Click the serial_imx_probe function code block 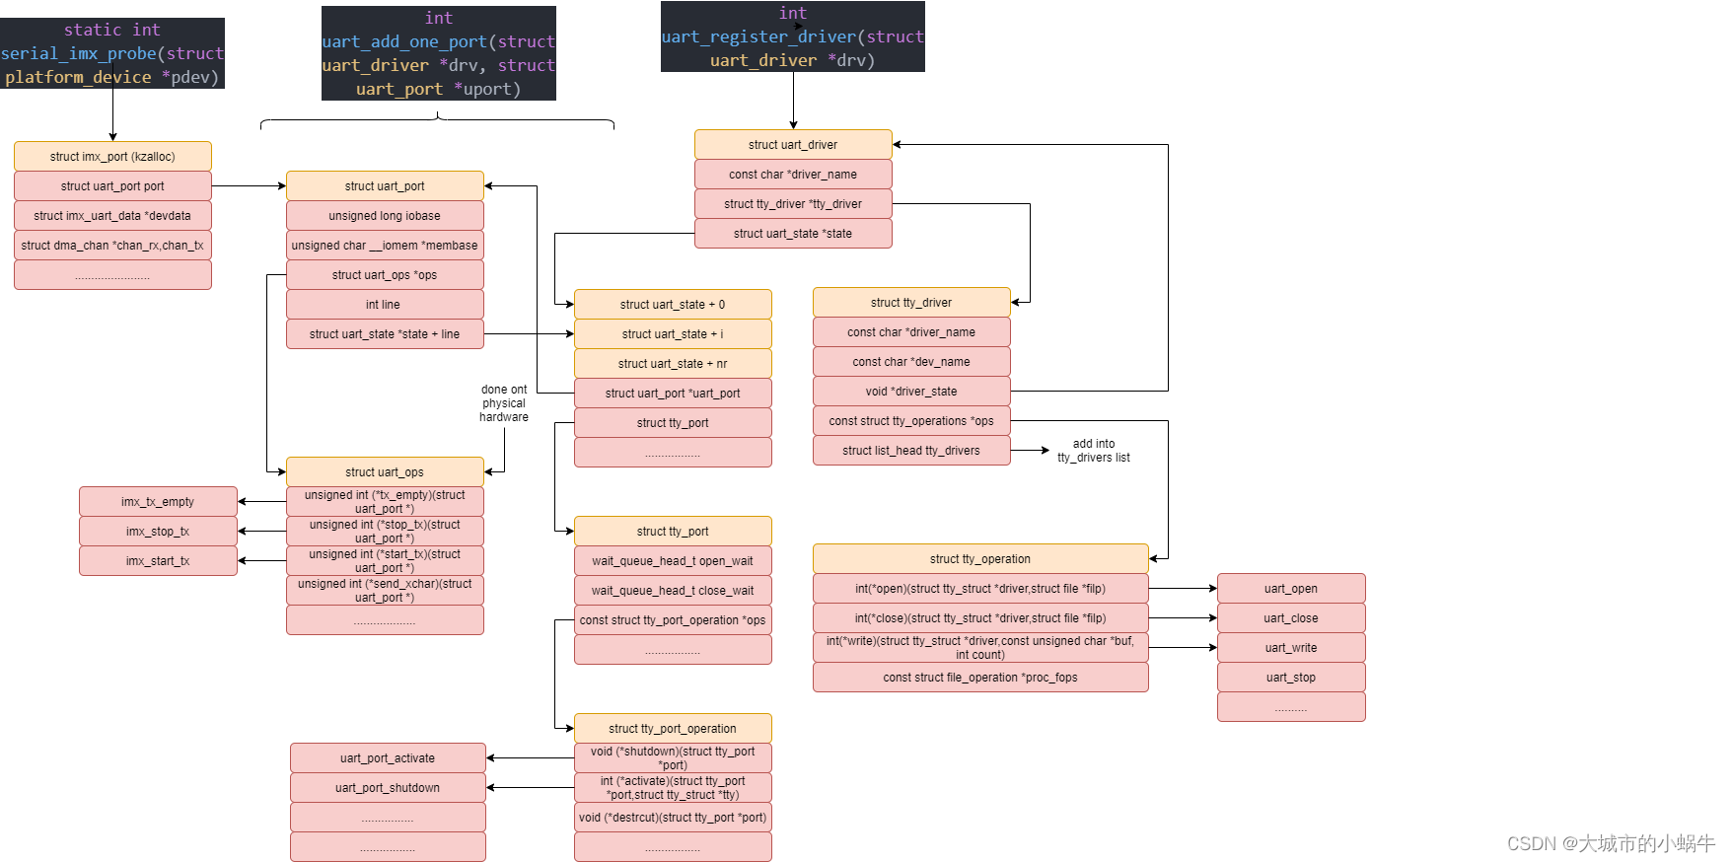[112, 53]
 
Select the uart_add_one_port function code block [438, 53]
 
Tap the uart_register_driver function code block [793, 36]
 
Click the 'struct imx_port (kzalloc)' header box [112, 157]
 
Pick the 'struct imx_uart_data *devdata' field [112, 216]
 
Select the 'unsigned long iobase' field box [385, 216]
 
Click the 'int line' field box [385, 305]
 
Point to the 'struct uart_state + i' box [673, 334]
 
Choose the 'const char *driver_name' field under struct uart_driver [793, 175]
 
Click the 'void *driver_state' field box [911, 392]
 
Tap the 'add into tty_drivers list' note [1093, 451]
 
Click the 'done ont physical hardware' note [504, 403]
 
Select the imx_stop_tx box [158, 532]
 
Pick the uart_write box [1291, 648]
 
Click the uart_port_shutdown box [388, 788]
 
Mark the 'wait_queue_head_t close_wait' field [673, 591]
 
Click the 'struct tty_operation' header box [980, 559]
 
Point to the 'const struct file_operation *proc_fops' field [980, 678]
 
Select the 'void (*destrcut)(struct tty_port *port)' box [673, 818]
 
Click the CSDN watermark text [1611, 843]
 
